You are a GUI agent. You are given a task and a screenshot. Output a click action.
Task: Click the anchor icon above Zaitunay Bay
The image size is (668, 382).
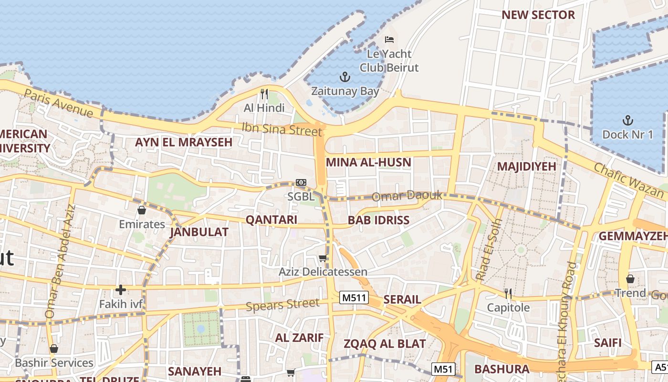click(344, 76)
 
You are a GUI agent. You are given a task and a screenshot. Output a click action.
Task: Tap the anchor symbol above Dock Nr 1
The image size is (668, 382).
click(628, 120)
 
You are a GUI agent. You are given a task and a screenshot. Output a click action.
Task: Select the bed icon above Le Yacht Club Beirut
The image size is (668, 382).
click(389, 39)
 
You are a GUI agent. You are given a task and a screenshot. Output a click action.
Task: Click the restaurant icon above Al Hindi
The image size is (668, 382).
click(264, 94)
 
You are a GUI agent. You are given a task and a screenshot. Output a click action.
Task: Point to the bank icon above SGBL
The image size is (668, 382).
click(301, 182)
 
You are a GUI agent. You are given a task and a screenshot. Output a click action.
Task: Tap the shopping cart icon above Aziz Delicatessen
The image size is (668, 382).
click(323, 258)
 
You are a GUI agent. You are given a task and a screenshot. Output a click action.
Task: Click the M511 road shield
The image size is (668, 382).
click(354, 298)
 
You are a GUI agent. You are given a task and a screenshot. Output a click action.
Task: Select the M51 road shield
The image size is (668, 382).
click(443, 369)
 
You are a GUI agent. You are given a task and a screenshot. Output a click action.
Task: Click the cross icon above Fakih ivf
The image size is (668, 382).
click(120, 289)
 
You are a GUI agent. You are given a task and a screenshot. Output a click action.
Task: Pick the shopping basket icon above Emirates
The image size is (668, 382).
click(142, 210)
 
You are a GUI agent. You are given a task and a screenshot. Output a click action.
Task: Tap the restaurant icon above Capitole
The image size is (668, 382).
click(508, 293)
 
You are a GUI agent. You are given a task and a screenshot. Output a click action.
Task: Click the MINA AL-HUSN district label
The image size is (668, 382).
click(368, 162)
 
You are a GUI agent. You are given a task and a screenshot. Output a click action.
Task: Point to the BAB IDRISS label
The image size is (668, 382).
click(378, 220)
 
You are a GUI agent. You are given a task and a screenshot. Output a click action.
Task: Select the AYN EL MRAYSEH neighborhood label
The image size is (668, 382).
click(184, 142)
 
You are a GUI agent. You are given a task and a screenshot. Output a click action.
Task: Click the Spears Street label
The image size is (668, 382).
click(282, 305)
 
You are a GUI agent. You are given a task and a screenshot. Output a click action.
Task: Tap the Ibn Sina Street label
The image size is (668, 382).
click(282, 129)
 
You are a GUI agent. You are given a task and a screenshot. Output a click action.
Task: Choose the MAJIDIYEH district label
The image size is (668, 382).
click(526, 166)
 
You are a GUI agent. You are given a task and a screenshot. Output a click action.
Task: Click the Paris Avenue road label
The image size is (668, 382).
click(58, 102)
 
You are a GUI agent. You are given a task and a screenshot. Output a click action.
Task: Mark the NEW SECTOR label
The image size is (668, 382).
click(538, 15)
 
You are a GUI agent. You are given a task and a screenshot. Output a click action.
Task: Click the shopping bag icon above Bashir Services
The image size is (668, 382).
click(53, 349)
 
